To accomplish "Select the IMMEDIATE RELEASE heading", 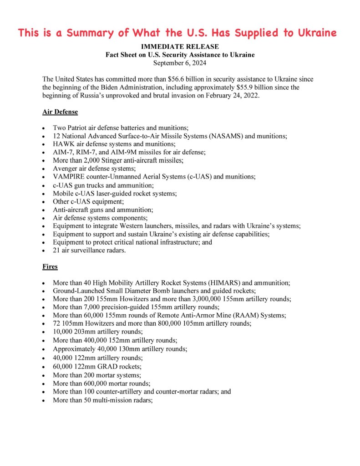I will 180,46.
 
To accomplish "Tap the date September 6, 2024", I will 180,63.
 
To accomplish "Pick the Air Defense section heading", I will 60,112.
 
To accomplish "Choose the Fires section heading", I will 50,266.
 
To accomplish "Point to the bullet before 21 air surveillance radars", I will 43,251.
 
